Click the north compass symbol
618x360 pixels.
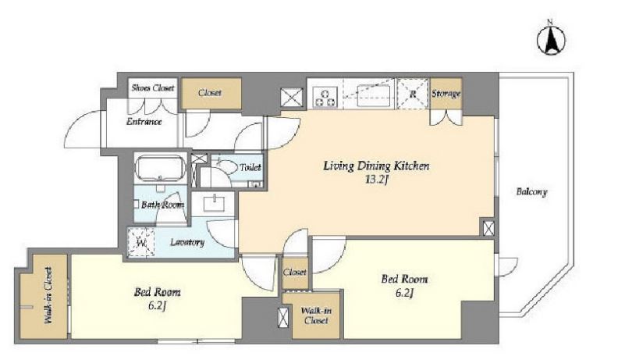pyautogui.click(x=551, y=38)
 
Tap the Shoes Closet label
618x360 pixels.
pyautogui.click(x=153, y=87)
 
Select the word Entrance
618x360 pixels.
pyautogui.click(x=144, y=122)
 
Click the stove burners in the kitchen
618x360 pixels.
pyautogui.click(x=325, y=98)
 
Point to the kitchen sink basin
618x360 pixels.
pyautogui.click(x=374, y=96)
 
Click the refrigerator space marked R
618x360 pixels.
pyautogui.click(x=413, y=94)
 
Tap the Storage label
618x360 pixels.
pyautogui.click(x=446, y=94)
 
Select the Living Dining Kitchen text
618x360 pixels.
pyautogui.click(x=376, y=166)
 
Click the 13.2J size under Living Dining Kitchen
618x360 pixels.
pyautogui.click(x=377, y=180)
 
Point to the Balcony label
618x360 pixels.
pyautogui.click(x=531, y=192)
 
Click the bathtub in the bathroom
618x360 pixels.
pyautogui.click(x=160, y=167)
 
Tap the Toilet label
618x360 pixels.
pyautogui.click(x=250, y=168)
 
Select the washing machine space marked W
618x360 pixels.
pyautogui.click(x=141, y=242)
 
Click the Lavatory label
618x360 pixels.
pyautogui.click(x=187, y=242)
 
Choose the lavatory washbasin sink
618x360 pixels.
pyautogui.click(x=214, y=204)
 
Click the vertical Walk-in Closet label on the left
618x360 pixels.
pyautogui.click(x=48, y=296)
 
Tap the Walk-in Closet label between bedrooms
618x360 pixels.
pyautogui.click(x=316, y=315)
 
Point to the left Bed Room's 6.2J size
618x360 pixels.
pyautogui.click(x=157, y=306)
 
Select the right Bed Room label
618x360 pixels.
pyautogui.click(x=404, y=279)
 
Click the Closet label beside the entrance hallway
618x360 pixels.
pyautogui.click(x=210, y=93)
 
